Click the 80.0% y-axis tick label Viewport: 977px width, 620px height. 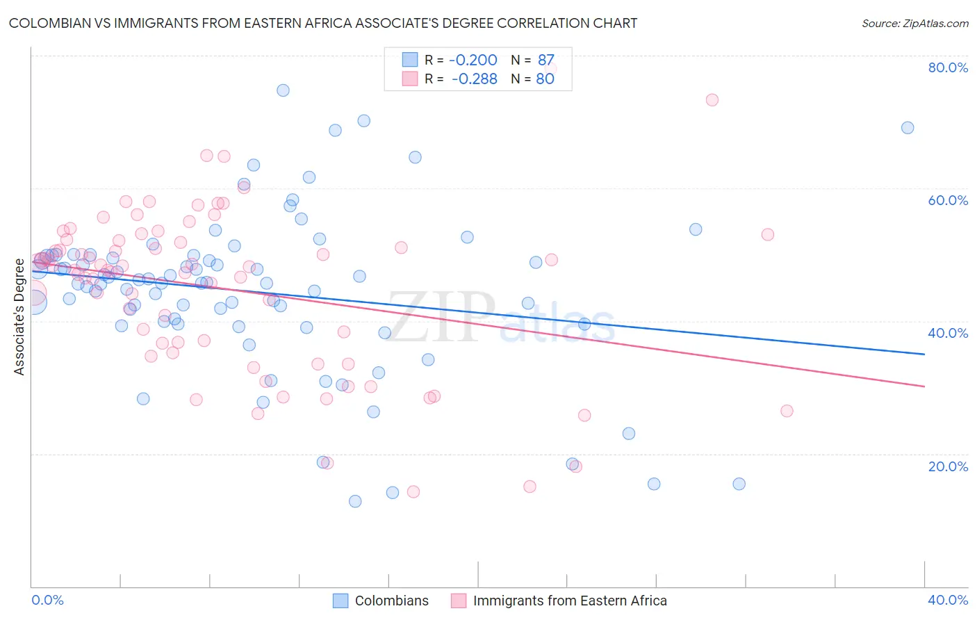948,67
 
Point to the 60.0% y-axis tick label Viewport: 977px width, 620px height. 948,200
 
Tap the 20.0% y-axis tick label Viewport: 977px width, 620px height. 948,466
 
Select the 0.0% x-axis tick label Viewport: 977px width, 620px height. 48,600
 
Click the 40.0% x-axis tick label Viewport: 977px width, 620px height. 948,600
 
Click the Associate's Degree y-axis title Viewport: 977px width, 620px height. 19,317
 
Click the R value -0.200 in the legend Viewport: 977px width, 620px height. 473,60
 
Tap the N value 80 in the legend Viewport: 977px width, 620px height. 545,79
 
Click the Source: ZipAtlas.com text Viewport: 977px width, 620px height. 914,23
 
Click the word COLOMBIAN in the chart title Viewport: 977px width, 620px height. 51,23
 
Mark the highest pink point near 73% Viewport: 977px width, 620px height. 712,99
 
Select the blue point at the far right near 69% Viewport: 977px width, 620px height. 908,127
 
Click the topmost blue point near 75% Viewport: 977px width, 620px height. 283,90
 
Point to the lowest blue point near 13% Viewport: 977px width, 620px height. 355,501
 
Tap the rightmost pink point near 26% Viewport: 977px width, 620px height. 787,411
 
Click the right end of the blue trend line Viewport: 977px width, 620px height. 924,354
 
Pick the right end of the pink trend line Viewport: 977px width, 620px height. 924,386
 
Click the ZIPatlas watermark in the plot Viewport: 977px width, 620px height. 500,316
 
